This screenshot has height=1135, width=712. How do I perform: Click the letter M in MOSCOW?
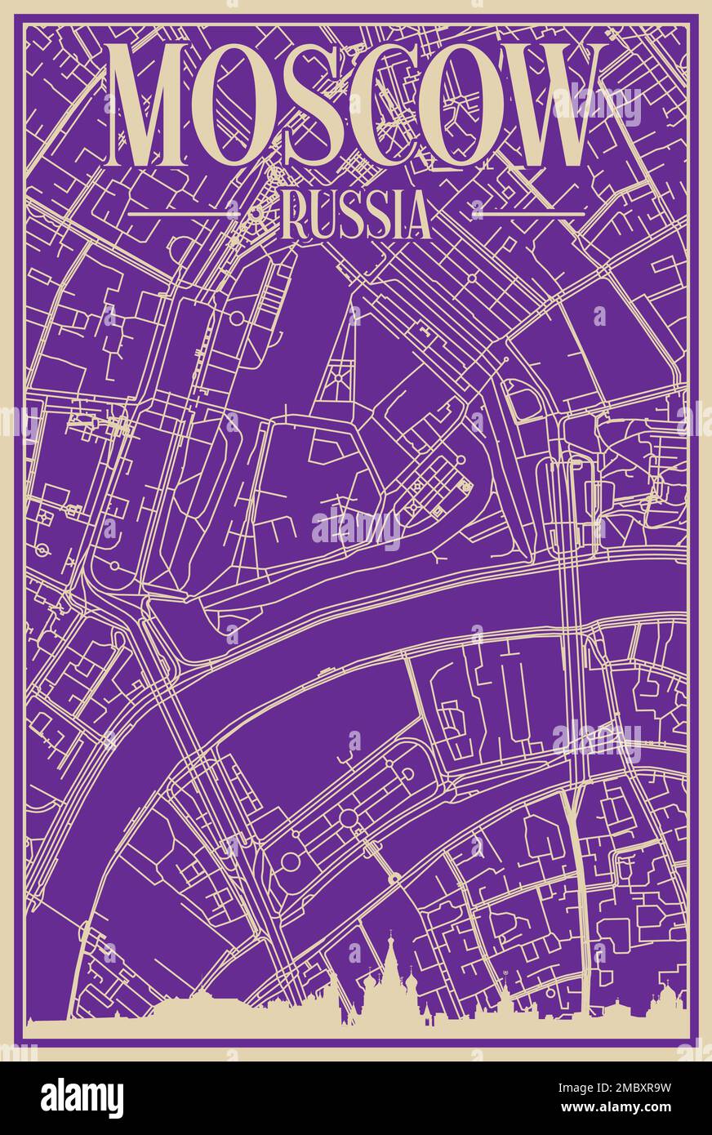click(157, 107)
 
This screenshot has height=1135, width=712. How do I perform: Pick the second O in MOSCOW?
click(449, 107)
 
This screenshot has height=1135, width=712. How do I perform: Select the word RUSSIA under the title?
click(355, 216)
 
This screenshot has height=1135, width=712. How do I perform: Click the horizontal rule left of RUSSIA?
click(184, 213)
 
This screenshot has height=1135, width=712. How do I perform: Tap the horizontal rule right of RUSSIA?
click(528, 214)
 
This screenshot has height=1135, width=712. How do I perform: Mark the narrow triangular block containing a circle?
click(335, 372)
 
